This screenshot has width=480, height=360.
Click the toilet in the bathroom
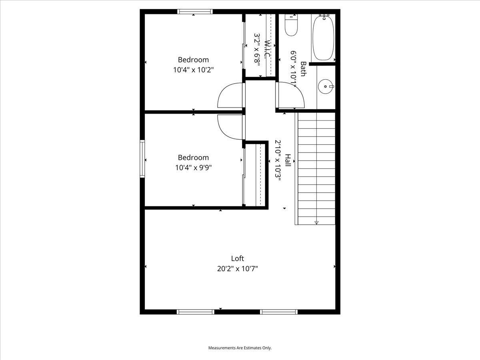click(291, 26)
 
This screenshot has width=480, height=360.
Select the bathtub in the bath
click(323, 38)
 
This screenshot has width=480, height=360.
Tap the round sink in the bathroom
click(326, 86)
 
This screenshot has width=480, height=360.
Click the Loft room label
click(237, 258)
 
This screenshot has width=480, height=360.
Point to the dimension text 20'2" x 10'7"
click(237, 269)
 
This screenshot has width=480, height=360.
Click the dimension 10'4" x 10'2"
click(193, 70)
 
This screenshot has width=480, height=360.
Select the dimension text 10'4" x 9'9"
click(193, 168)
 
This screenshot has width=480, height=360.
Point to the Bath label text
click(304, 69)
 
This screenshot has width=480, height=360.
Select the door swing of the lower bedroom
click(229, 127)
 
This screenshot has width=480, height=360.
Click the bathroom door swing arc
click(291, 95)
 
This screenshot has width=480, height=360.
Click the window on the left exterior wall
click(142, 158)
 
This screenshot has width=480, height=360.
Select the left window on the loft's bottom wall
click(196, 312)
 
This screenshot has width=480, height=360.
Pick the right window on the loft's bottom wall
click(279, 312)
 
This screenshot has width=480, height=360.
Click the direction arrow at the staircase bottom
click(316, 222)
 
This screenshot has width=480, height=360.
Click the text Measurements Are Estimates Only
click(240, 348)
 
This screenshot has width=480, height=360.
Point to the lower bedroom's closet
click(255, 175)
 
